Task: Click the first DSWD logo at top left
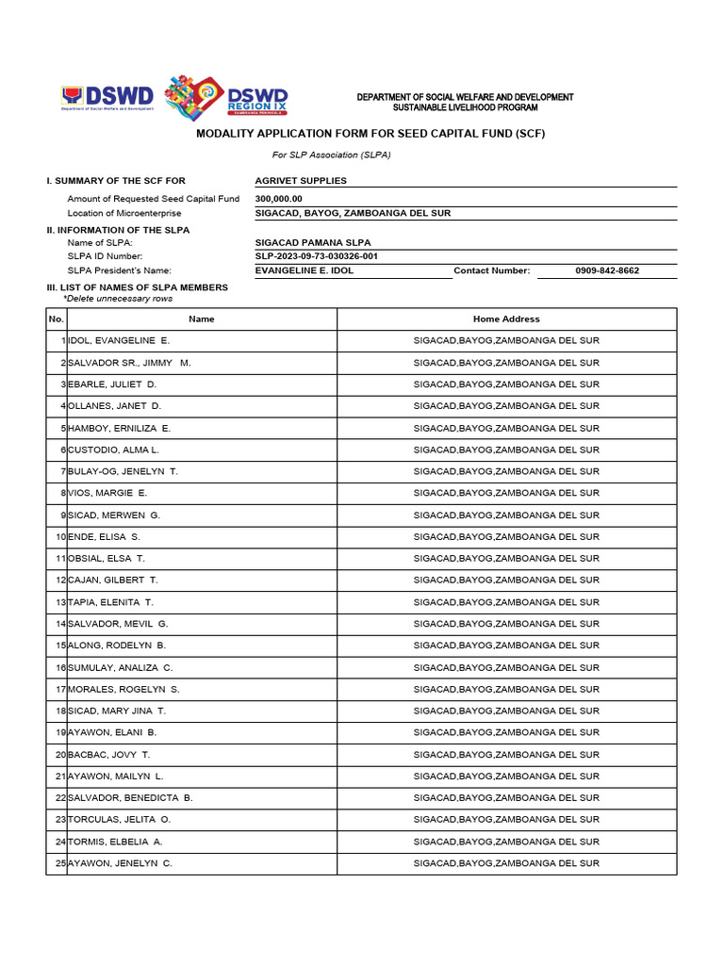pos(107,97)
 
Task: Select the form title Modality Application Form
pos(370,134)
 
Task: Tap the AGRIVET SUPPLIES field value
pos(301,180)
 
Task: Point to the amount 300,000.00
pos(278,199)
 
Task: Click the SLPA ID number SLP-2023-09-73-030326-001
pos(317,256)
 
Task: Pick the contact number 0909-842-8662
pos(607,270)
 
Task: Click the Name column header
pos(202,319)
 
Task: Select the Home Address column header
pos(506,319)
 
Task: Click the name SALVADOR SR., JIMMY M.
pos(129,363)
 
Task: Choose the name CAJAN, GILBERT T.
pos(113,581)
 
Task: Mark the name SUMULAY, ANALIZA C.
pos(121,667)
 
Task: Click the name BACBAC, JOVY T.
pos(109,755)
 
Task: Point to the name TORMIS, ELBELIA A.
pos(115,842)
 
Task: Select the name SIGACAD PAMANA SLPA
pos(306,242)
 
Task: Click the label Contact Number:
pos(492,270)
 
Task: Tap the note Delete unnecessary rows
pos(118,298)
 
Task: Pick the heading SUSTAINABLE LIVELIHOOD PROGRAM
pos(465,108)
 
